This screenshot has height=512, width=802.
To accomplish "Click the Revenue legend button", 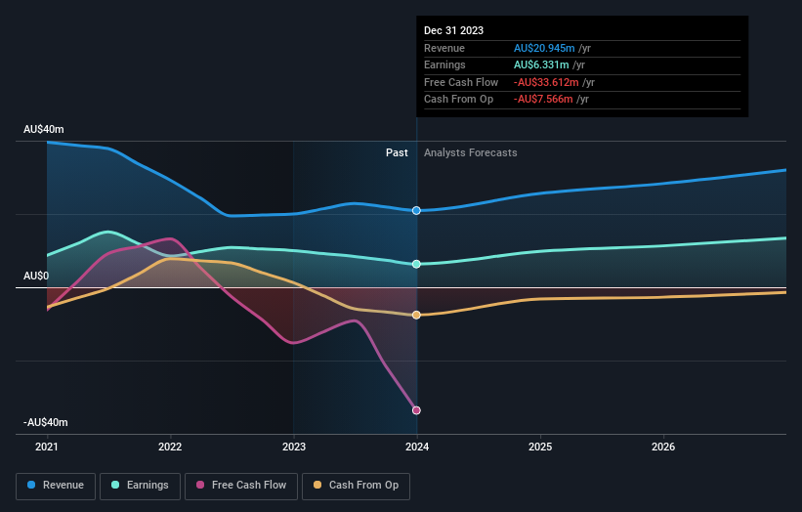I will (56, 485).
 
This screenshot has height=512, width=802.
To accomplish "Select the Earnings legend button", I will (140, 485).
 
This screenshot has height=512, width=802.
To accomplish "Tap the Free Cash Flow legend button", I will (241, 485).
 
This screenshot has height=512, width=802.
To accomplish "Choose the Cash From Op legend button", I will (357, 485).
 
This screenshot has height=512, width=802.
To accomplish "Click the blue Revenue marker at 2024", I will (417, 211).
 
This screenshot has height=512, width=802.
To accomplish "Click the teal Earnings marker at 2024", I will (417, 264).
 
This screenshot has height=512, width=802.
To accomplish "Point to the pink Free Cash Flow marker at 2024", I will (417, 410).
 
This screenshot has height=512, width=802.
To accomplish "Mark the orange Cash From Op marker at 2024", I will (417, 315).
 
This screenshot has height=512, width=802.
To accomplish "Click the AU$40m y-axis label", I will (44, 130).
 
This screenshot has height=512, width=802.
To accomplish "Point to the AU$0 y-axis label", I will (36, 277).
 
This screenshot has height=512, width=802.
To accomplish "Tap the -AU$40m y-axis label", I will (46, 422).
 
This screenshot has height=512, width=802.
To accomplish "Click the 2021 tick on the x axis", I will (47, 448).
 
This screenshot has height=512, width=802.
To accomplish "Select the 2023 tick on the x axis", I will (294, 448).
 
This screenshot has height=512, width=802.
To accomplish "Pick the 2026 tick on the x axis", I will (663, 448).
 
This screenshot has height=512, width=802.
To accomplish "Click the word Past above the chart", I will (397, 152).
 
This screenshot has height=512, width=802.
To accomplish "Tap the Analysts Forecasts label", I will (470, 152).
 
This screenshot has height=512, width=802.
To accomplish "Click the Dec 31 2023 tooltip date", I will (453, 31).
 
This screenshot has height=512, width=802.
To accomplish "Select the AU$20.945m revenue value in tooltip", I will (547, 49).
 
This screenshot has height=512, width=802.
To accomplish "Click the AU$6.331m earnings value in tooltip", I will (544, 65).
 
